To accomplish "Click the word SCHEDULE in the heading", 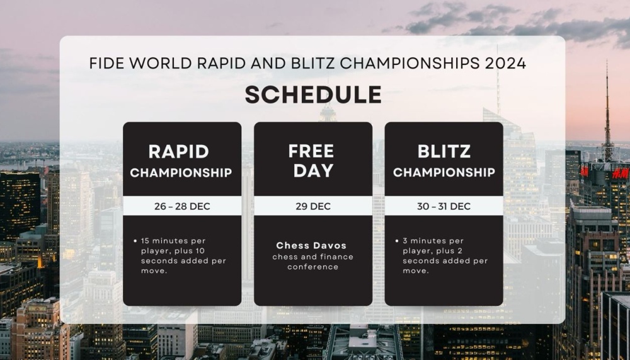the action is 313,95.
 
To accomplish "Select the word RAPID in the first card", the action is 178,152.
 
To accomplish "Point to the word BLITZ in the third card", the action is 444,152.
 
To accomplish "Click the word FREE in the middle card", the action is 311,151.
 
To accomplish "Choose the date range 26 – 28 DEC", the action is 182,206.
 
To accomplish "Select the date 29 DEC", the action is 313,206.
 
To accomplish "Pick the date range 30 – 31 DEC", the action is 444,206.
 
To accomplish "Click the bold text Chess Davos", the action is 311,245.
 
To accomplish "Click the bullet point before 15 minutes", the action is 135,241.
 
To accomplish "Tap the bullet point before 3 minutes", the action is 397,241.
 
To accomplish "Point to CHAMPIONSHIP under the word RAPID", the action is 181,173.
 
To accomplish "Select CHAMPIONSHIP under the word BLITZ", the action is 444,172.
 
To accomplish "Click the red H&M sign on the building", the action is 621,173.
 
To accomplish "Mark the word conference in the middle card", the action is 312,267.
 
